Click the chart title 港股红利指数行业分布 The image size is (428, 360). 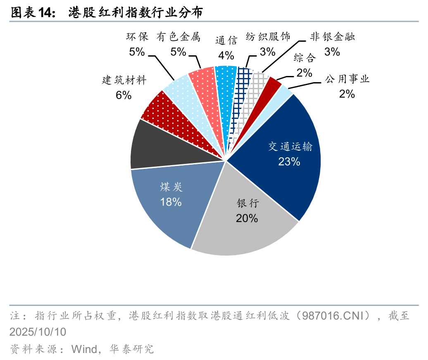point(136,13)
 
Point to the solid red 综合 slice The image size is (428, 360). point(273,85)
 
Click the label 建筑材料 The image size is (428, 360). point(124,80)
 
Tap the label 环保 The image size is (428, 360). point(137,37)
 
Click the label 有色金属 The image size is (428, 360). point(178,37)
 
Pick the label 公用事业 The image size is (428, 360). point(347,79)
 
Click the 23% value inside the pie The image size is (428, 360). point(289,161)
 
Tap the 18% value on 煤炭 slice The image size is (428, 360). point(171,202)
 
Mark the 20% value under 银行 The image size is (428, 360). point(247,218)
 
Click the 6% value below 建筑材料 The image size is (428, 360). point(124,95)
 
